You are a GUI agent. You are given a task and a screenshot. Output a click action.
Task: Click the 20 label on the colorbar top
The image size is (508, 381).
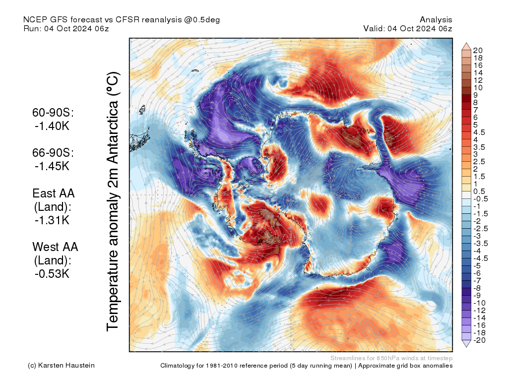tap(478, 50)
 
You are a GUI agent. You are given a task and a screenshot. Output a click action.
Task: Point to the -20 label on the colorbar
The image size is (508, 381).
tap(479, 340)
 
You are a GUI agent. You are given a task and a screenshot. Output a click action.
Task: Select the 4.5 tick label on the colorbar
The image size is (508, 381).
tap(479, 132)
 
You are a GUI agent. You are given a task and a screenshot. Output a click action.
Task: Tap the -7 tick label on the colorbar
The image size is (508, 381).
tap(477, 280)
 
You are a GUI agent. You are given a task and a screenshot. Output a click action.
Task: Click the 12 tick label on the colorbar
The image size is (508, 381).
tap(478, 80)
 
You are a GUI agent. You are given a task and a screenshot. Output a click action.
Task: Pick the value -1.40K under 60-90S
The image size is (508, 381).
tap(52, 126)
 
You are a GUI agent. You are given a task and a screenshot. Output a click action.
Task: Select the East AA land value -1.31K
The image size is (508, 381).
tap(52, 220)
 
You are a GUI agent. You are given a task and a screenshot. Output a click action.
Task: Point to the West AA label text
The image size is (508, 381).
tap(55, 247)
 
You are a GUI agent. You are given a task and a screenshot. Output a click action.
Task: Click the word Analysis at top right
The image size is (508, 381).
tap(436, 19)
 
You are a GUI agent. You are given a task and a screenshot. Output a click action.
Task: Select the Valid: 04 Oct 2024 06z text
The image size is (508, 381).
tap(408, 28)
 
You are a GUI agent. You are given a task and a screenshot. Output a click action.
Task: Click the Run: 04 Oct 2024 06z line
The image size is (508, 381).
tap(66, 28)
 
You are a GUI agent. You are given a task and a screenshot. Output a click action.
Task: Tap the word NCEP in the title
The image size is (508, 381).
tap(33, 19)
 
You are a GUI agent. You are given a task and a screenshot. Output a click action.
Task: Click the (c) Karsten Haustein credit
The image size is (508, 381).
tap(61, 366)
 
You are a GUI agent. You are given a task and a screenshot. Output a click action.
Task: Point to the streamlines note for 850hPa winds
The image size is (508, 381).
tap(391, 358)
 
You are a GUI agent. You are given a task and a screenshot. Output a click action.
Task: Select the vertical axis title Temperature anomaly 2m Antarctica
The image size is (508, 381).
tap(113, 202)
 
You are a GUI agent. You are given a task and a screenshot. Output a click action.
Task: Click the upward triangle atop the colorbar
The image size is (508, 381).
tap(466, 46)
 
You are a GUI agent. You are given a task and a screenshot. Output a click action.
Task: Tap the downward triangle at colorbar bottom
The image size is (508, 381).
tap(466, 343)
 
